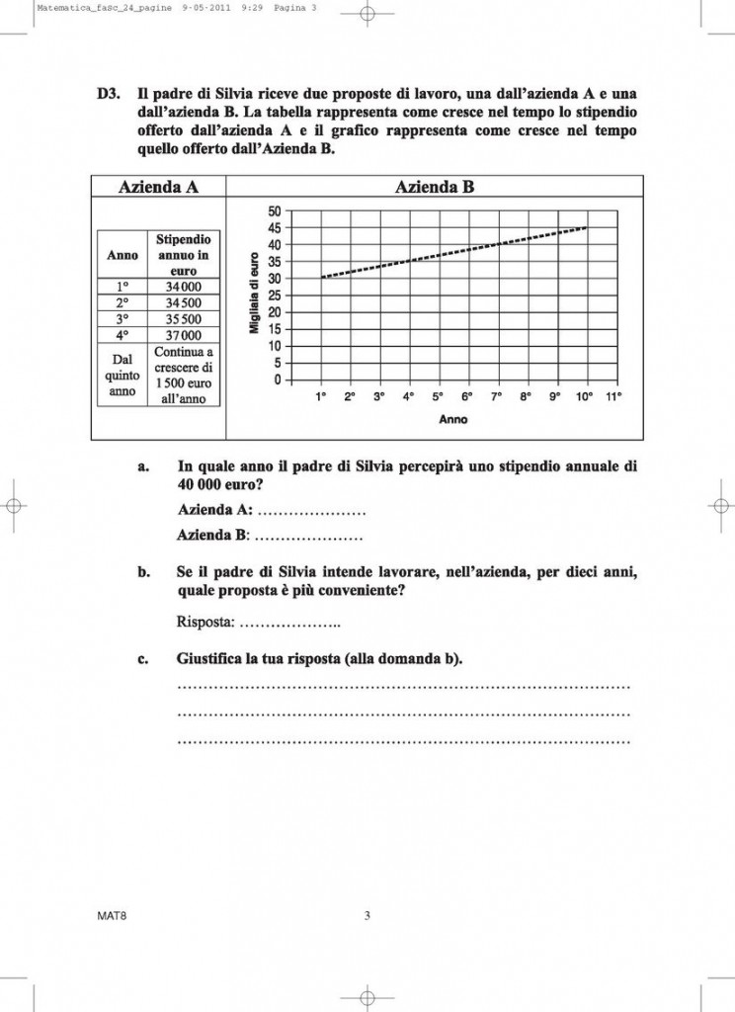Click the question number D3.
(x=109, y=95)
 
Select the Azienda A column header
(x=158, y=187)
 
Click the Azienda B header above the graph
(x=435, y=187)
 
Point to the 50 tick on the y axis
(x=275, y=211)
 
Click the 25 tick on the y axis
(x=275, y=295)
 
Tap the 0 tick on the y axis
(x=278, y=380)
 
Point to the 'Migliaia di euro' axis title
(x=254, y=295)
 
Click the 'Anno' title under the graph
(x=453, y=419)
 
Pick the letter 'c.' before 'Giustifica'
(x=143, y=658)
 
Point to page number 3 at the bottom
(x=367, y=916)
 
